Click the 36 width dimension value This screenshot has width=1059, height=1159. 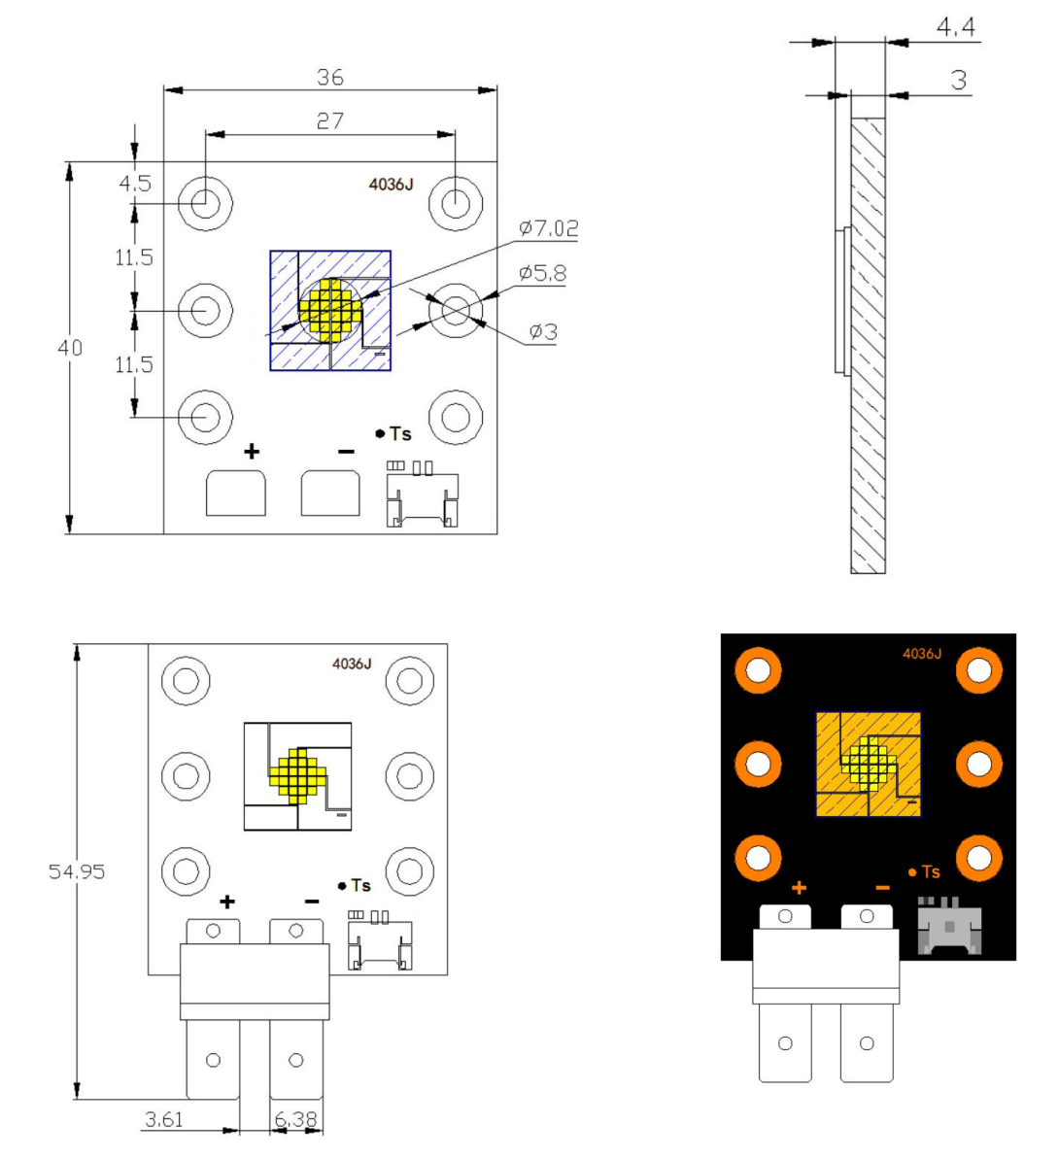pos(330,77)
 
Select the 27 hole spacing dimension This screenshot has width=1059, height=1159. pos(330,120)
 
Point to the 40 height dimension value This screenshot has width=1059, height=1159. pos(70,347)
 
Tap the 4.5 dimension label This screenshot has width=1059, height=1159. pos(135,184)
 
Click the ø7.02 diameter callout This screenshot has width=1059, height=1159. pos(549,228)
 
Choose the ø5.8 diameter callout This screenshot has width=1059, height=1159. pos(542,273)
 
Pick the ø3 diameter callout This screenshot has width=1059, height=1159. pos(543,332)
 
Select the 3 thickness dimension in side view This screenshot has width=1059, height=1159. pos(959,80)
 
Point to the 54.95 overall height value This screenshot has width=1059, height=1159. pos(77,871)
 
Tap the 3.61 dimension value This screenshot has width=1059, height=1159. pos(163,1119)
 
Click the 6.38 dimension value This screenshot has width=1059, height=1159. pos(295,1119)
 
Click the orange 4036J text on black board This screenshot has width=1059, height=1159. pos(921,654)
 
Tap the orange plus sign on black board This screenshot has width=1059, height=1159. pos(799,888)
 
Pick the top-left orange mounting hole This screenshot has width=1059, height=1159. pos(758,669)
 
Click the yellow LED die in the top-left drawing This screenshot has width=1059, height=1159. pos(330,310)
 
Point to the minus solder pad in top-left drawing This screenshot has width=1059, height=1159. pos(330,494)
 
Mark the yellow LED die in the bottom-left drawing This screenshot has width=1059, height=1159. pos(296,774)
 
